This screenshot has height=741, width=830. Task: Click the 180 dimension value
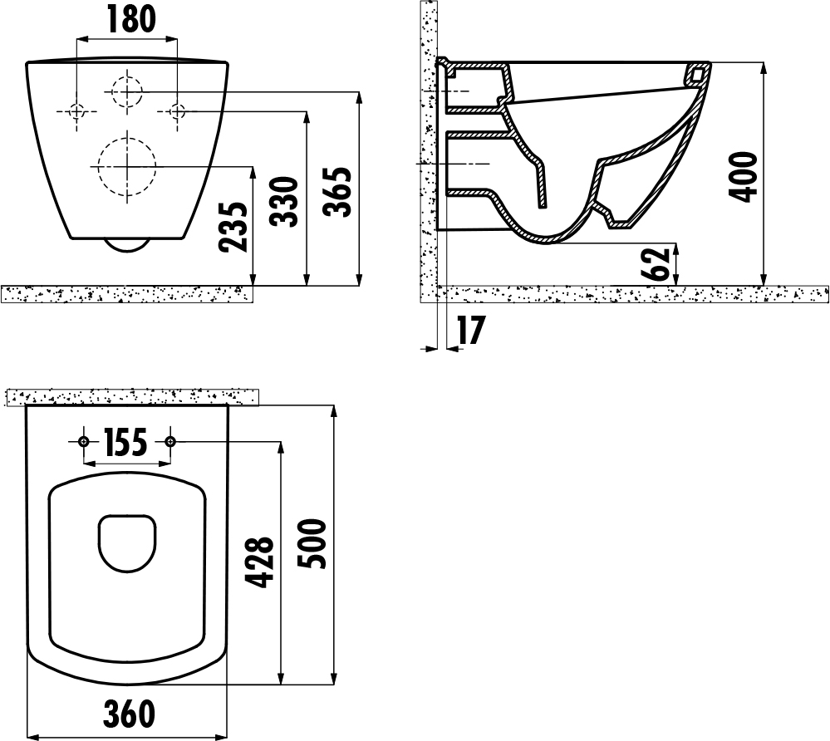click(132, 18)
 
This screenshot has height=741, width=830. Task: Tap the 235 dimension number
click(233, 227)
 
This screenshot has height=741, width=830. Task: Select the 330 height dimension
click(284, 202)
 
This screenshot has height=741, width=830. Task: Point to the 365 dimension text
click(337, 192)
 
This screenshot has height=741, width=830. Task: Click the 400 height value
click(742, 176)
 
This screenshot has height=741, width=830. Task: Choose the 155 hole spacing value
click(125, 443)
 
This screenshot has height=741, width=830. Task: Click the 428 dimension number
click(260, 562)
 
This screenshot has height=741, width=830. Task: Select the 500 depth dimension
click(312, 543)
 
